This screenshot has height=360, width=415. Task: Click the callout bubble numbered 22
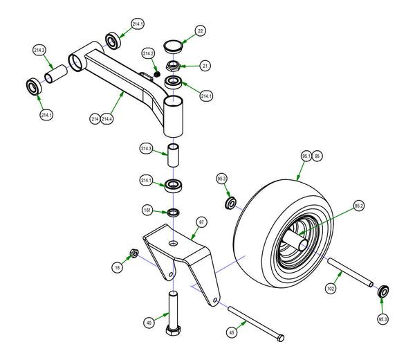point(200,31)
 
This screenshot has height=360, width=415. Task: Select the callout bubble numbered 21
point(205,66)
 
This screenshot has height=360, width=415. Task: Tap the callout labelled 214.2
point(148,53)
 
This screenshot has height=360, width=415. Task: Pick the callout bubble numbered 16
point(118,266)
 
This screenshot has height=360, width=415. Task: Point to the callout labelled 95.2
point(358,206)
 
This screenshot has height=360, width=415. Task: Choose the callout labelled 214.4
point(107,119)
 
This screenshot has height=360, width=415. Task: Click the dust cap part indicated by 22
point(173,47)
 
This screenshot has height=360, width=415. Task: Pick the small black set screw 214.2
point(158,74)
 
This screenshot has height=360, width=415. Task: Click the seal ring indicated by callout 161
point(173,210)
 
